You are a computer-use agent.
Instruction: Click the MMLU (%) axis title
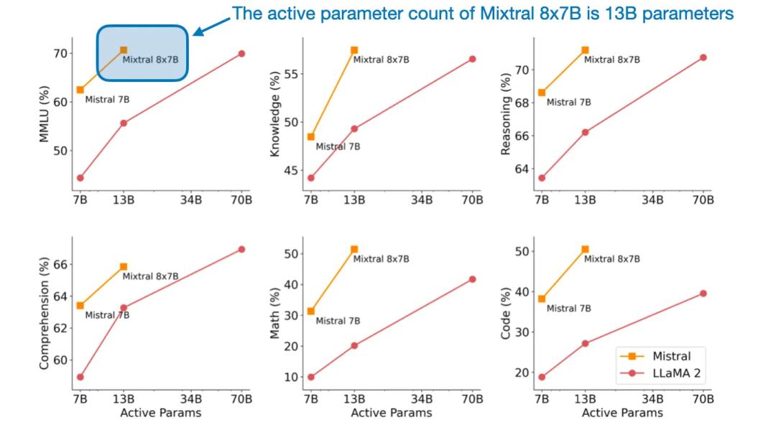(44, 113)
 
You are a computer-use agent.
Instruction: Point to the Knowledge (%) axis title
(274, 118)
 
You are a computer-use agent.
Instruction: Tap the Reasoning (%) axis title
(505, 113)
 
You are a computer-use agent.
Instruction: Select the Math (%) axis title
(274, 314)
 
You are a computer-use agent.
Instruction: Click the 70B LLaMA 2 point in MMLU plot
(241, 54)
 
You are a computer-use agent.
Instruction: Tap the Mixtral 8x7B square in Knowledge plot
(354, 50)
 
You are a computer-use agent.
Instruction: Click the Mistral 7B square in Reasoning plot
(542, 93)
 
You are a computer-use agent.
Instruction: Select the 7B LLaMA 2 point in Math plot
(310, 377)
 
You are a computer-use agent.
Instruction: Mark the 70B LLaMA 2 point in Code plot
(703, 293)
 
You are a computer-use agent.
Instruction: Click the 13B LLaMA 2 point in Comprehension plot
(124, 308)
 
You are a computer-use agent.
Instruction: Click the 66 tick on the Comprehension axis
(61, 264)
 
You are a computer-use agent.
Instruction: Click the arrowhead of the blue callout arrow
(195, 33)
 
